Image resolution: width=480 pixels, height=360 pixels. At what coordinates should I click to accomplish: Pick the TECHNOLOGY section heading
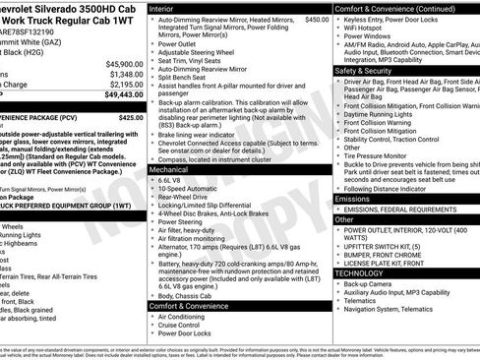(x=361, y=271)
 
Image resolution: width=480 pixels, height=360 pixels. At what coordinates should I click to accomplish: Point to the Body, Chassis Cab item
(x=190, y=296)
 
